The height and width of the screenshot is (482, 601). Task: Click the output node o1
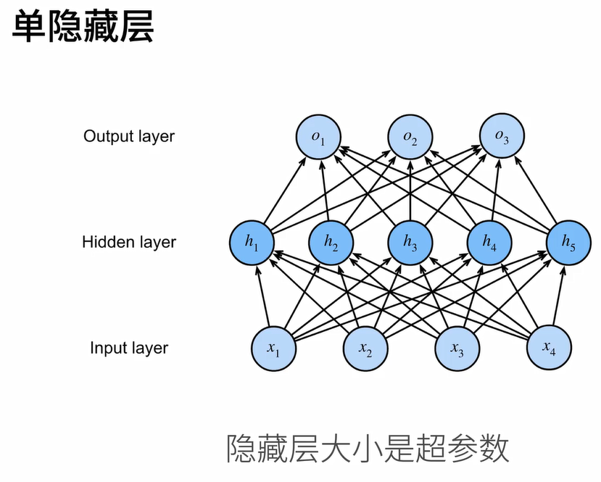318,138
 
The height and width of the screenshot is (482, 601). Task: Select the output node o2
410,138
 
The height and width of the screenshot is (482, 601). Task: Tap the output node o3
502,137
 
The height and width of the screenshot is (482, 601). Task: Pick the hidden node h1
252,243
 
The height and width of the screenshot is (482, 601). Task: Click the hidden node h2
331,243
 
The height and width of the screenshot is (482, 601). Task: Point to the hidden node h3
410,243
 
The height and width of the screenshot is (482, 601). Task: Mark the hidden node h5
568,243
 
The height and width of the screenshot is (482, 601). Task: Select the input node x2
365,349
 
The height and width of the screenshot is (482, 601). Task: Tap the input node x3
456,349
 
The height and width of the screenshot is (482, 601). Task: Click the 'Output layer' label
129,136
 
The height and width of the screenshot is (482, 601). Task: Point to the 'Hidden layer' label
129,242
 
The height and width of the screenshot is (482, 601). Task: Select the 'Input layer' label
129,348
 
